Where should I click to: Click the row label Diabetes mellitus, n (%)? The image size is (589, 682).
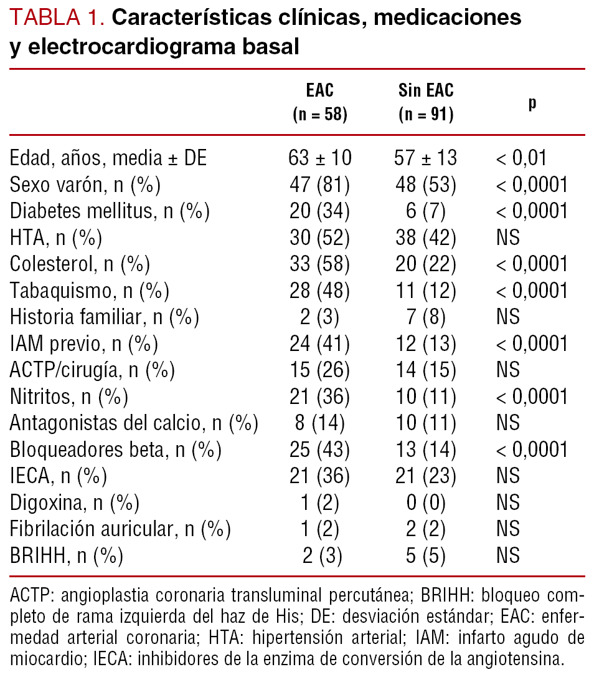(110, 211)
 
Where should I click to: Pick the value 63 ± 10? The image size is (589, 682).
(320, 158)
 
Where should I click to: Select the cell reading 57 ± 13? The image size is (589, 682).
(426, 158)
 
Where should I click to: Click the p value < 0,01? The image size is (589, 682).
(521, 158)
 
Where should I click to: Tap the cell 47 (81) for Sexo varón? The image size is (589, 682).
(320, 185)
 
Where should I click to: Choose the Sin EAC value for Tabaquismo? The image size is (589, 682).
(426, 291)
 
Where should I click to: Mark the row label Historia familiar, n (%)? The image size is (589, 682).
(104, 317)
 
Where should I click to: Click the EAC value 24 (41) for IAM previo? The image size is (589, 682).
(320, 343)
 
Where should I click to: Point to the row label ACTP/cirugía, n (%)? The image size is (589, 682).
(92, 370)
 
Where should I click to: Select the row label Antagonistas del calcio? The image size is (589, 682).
(133, 423)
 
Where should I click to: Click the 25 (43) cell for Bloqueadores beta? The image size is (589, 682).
(320, 449)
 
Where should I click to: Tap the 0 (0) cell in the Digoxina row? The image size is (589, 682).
(426, 502)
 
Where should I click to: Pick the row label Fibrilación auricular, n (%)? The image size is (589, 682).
(120, 529)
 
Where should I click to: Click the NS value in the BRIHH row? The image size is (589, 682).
(508, 555)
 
